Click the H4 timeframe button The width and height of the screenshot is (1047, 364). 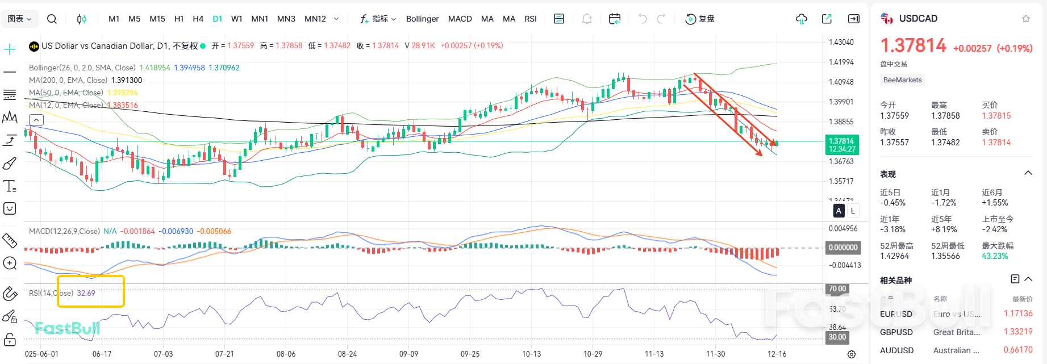[198, 19]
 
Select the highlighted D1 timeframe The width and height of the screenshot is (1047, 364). [217, 19]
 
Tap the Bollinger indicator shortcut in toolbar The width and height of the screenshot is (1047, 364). [422, 19]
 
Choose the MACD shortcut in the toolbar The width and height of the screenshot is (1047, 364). [460, 19]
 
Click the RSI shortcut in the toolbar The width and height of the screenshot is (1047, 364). [530, 19]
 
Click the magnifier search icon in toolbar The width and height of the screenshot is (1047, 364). [52, 19]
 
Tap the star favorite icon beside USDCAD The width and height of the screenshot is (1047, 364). [1025, 19]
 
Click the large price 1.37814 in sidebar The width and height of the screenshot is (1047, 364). [913, 45]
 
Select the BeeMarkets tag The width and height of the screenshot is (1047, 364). [902, 80]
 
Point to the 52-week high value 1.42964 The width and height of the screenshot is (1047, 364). [894, 256]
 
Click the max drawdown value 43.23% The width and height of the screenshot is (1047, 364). [994, 256]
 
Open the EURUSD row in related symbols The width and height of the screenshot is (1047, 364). [896, 314]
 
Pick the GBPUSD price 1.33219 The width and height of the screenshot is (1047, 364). [1017, 332]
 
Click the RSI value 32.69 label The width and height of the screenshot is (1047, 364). [86, 293]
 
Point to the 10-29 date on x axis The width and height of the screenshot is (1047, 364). [593, 354]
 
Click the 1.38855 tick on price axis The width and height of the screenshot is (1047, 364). [841, 122]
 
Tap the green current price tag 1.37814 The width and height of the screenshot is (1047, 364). [841, 145]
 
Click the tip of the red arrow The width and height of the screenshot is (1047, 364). [762, 155]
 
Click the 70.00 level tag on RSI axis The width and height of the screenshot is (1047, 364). [837, 288]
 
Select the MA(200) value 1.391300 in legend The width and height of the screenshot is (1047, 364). [127, 80]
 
